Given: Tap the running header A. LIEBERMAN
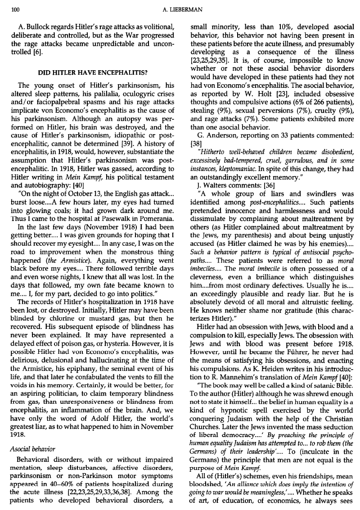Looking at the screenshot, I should (181, 8).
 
